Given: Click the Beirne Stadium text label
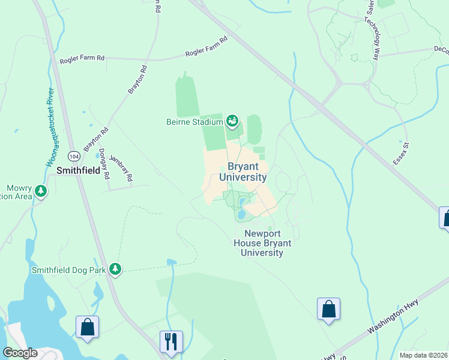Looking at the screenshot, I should click(194, 122).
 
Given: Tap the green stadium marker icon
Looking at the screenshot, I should click(232, 122).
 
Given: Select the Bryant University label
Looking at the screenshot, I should click(243, 172).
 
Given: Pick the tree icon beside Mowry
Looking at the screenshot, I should click(41, 191).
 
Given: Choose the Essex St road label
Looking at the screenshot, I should click(400, 154).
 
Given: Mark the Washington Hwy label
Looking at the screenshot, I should click(393, 320).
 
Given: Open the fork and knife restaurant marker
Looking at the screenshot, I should click(171, 341).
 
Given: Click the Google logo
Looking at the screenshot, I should click(20, 353).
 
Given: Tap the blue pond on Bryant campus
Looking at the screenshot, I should click(241, 214).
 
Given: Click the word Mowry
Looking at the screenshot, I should click(19, 187).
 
